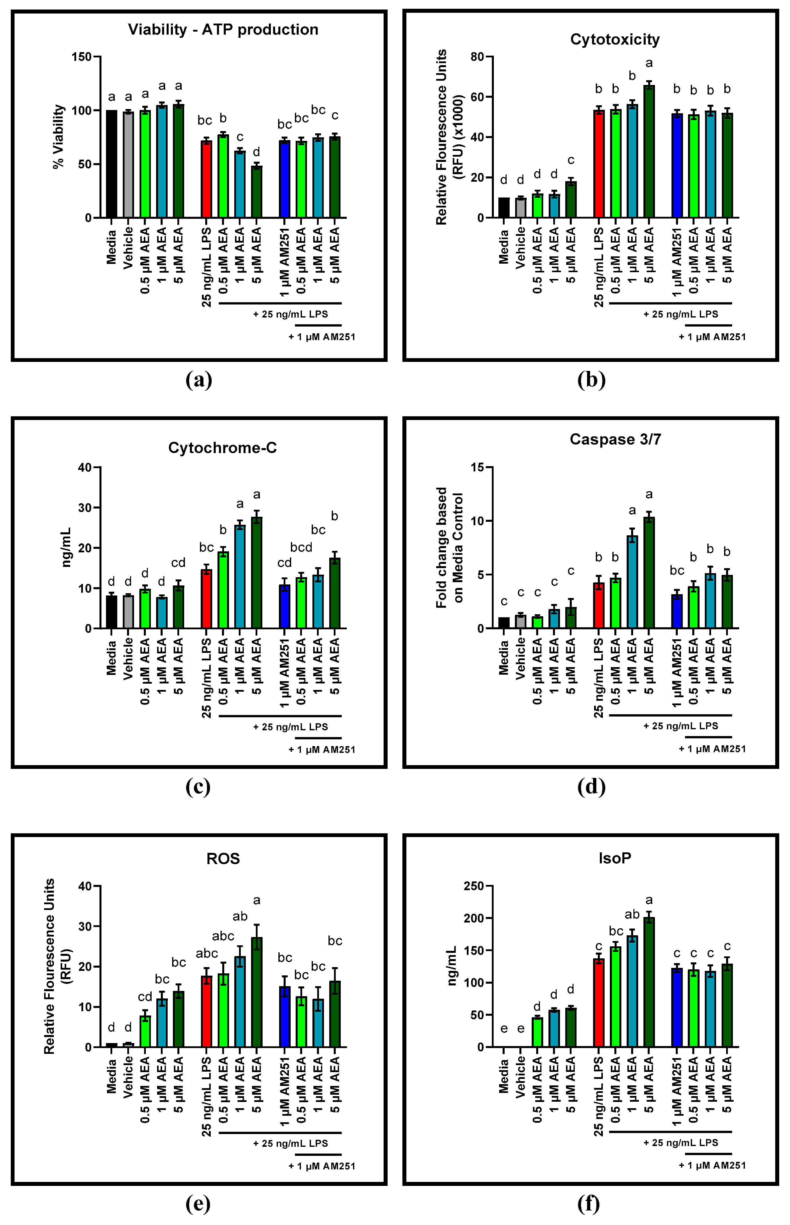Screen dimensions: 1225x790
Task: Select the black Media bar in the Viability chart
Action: click(111, 164)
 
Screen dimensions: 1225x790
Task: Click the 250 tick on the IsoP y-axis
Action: click(473, 886)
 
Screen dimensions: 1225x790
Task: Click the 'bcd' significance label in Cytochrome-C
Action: click(301, 547)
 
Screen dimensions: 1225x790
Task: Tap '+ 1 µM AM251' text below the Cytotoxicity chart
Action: click(712, 337)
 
